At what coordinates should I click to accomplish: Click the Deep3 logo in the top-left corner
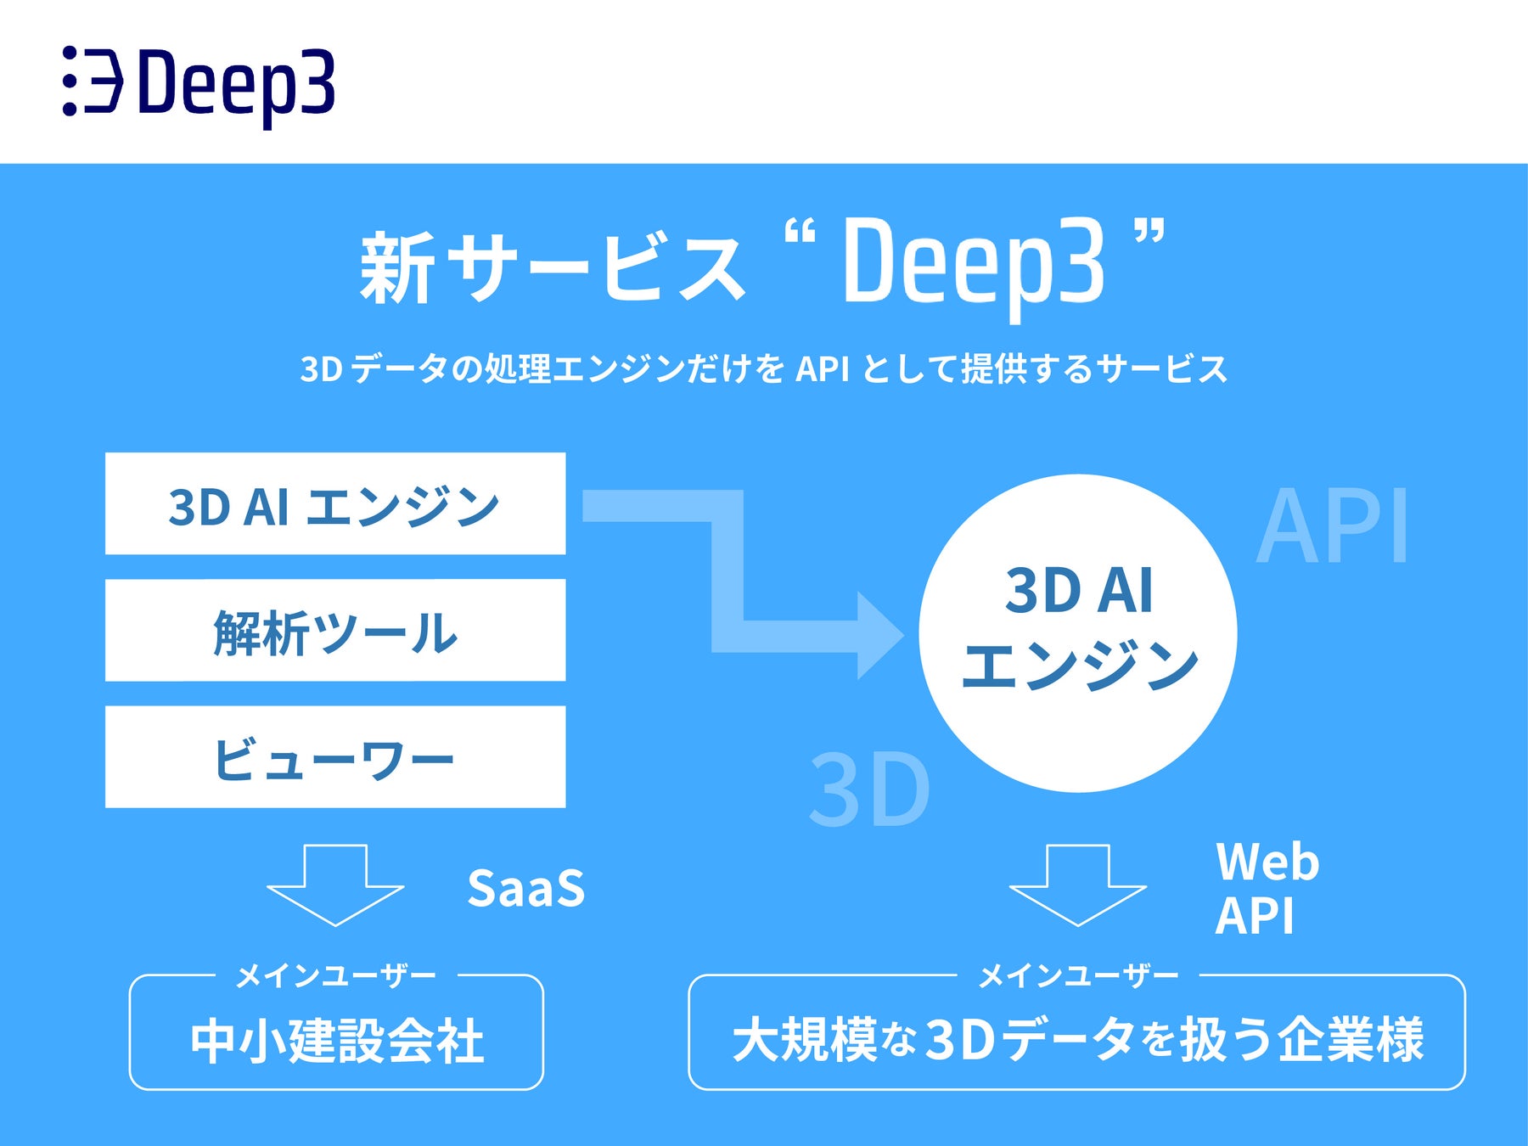(199, 82)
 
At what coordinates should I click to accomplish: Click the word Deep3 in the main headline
(973, 263)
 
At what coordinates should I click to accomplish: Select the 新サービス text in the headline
(552, 267)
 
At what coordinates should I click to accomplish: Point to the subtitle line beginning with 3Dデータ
(764, 369)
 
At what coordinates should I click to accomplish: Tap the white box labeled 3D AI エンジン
(335, 503)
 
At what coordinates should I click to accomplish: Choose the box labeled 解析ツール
(335, 631)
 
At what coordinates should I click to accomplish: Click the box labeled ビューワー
(335, 757)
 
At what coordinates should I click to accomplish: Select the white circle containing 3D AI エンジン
(1078, 632)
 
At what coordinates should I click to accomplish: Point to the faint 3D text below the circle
(869, 789)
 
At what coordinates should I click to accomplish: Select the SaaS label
(526, 889)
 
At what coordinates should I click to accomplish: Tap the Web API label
(1267, 889)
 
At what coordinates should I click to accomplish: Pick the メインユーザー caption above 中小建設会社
(335, 976)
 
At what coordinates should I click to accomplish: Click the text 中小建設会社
(337, 1041)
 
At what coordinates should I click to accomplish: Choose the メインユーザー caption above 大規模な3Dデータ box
(1078, 976)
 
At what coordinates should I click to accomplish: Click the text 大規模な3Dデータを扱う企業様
(1078, 1039)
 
